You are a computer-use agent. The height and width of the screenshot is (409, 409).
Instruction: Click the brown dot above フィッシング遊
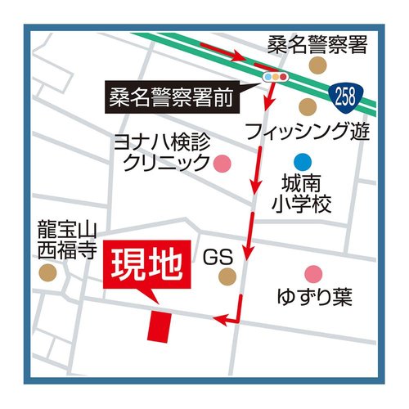pos(307,106)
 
